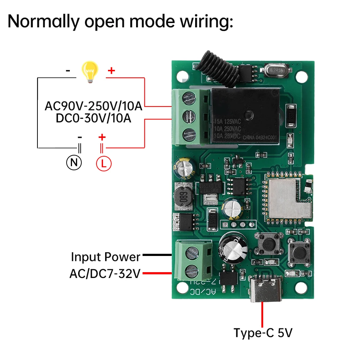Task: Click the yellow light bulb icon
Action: point(90,71)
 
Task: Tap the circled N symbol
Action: point(74,163)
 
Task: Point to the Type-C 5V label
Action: point(263,332)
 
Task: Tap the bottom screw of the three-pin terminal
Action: point(189,135)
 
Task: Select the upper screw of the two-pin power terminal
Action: point(191,252)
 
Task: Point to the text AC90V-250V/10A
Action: point(94,107)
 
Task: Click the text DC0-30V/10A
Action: point(94,118)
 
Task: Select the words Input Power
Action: point(105,257)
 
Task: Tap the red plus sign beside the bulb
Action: point(111,71)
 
